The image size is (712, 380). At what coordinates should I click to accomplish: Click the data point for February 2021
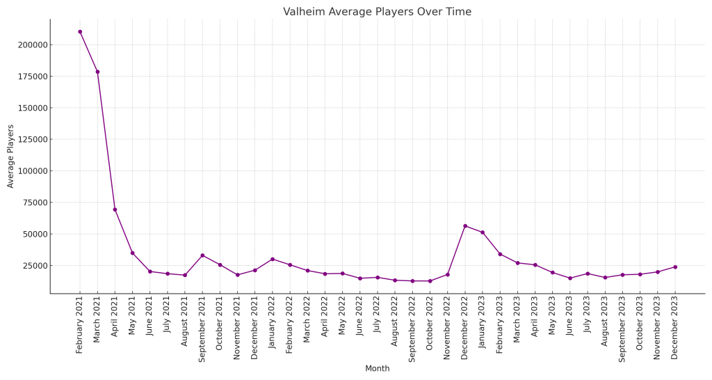coord(80,31)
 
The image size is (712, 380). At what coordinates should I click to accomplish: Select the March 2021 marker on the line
coord(97,72)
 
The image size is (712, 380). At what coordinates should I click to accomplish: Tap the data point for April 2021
coord(115,209)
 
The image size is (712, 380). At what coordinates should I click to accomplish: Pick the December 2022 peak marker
coord(465,225)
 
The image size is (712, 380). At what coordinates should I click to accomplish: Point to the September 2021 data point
coord(202,255)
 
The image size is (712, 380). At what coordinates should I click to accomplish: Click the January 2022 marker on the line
coord(273,259)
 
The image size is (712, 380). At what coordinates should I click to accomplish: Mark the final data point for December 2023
coord(675,267)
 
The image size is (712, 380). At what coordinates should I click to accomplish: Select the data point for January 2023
coord(483,232)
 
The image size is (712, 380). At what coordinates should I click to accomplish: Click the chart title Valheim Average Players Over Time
coord(377,12)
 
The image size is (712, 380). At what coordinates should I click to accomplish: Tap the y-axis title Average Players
coord(11,156)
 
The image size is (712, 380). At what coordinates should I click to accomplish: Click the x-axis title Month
coord(377,369)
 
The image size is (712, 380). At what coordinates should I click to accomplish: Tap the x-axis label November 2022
coord(447,327)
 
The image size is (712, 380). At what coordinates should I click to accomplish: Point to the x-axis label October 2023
coord(640,326)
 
